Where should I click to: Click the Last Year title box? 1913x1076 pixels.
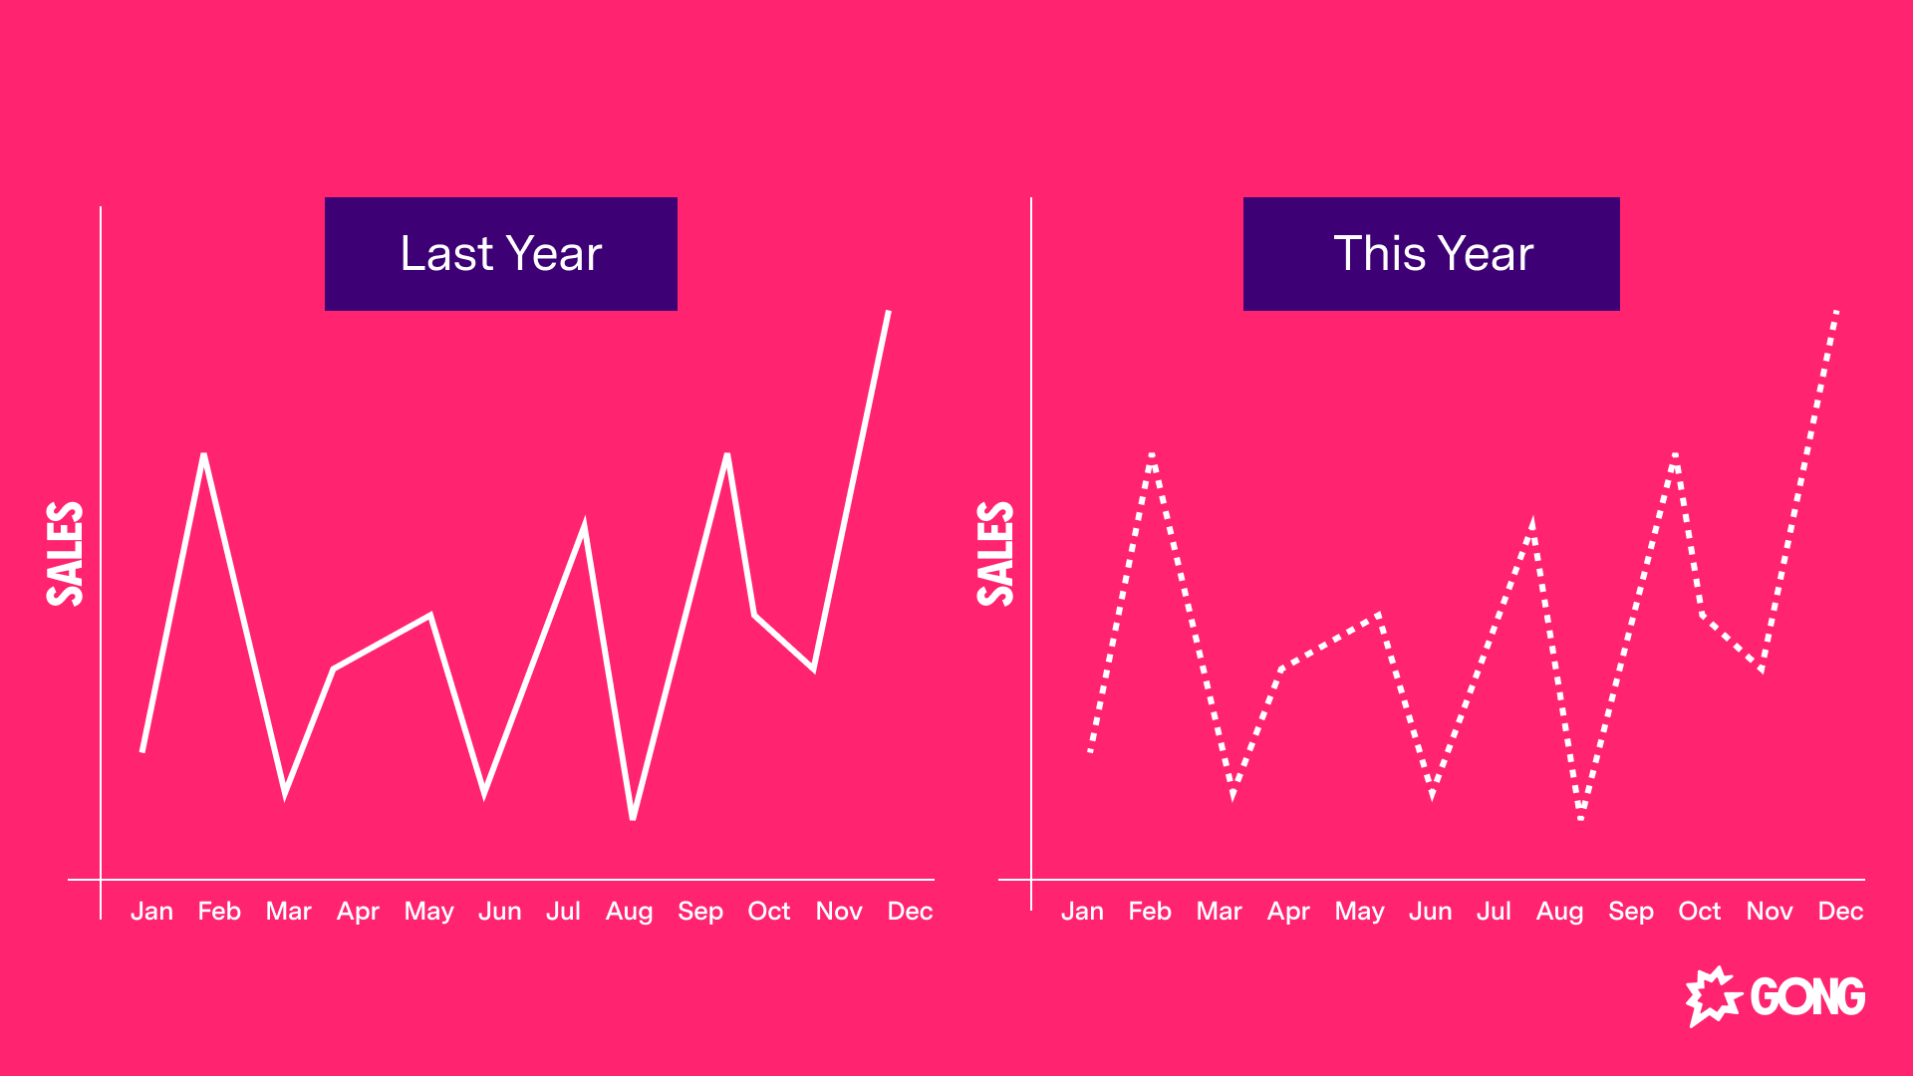[501, 254]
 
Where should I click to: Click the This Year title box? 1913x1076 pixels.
[1432, 254]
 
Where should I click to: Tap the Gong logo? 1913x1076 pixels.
[1776, 996]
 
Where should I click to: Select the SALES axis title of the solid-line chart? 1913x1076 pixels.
[66, 554]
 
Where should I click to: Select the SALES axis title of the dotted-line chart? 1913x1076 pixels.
[996, 554]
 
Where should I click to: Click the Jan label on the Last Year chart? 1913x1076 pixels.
[151, 912]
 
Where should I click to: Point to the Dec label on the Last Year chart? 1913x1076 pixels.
[910, 912]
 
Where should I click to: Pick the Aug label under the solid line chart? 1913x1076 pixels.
[629, 913]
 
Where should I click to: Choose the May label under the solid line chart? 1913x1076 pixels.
[428, 913]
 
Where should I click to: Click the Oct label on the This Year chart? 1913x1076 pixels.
[1700, 912]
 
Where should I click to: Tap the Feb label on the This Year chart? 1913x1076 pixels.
[1150, 912]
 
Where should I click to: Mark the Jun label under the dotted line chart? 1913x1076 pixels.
[1430, 912]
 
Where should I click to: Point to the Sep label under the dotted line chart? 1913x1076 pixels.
[1631, 913]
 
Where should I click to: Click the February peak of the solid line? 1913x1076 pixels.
[203, 455]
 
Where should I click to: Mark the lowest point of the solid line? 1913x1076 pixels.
[633, 818]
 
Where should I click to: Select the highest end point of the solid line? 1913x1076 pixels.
[888, 312]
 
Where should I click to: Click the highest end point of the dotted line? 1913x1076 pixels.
[1836, 312]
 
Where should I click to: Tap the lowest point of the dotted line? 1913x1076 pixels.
[1581, 818]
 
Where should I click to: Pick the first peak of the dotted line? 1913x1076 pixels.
[1152, 455]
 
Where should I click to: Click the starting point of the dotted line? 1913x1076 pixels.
[1091, 750]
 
